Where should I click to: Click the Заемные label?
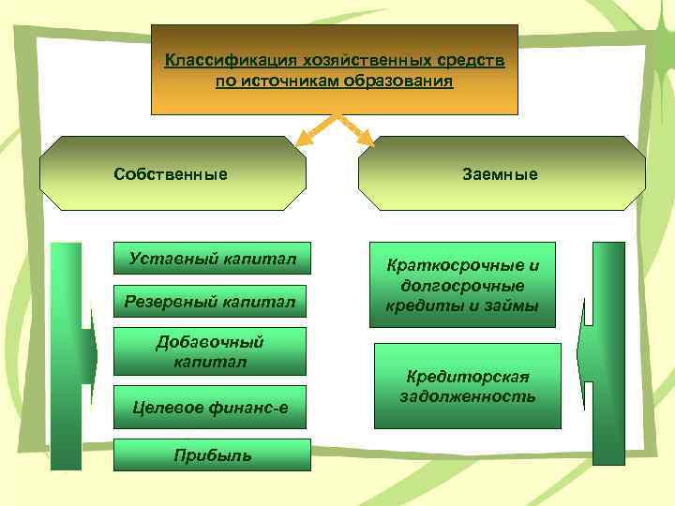pos(500,174)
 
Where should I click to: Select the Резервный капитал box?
pos(211,301)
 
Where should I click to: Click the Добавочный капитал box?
pos(210,351)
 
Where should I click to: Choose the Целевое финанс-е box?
pos(210,406)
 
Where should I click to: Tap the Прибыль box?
pos(212,454)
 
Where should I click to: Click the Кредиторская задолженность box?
pos(467,386)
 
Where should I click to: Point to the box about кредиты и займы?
pos(461,286)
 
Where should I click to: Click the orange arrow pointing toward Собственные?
pos(314,132)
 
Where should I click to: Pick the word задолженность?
pos(467,396)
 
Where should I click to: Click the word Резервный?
pos(165,301)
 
